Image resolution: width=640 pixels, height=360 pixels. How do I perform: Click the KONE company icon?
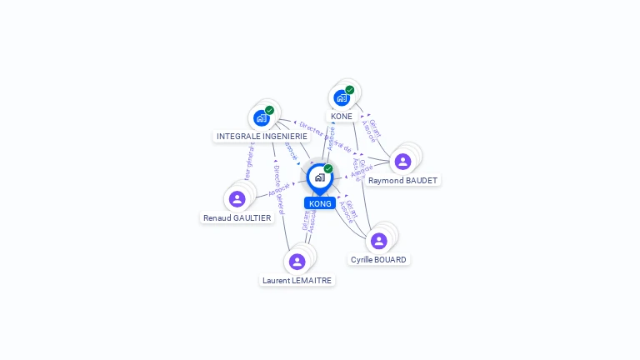pyautogui.click(x=342, y=97)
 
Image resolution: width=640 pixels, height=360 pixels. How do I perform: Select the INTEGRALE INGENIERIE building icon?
pyautogui.click(x=262, y=117)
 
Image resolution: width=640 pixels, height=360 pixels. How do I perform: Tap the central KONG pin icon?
pyautogui.click(x=319, y=177)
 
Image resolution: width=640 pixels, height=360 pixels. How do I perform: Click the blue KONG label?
pyautogui.click(x=320, y=203)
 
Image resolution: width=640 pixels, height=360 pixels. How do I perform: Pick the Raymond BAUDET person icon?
pyautogui.click(x=402, y=162)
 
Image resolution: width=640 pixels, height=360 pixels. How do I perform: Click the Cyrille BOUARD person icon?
pyautogui.click(x=378, y=241)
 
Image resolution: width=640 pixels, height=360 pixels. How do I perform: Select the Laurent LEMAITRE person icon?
pyautogui.click(x=297, y=262)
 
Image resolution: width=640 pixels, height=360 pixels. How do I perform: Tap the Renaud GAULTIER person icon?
pyautogui.click(x=237, y=198)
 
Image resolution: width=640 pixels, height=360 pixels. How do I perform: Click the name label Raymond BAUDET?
pyautogui.click(x=402, y=181)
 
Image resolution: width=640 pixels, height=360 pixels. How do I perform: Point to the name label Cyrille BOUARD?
pyautogui.click(x=378, y=260)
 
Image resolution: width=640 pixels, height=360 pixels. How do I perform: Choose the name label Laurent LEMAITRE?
pyautogui.click(x=297, y=281)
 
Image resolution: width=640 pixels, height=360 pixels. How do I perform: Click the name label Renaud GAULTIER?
pyautogui.click(x=237, y=218)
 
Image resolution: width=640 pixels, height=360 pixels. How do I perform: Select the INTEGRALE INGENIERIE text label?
pyautogui.click(x=262, y=136)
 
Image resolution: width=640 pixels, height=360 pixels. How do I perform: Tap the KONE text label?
pyautogui.click(x=342, y=117)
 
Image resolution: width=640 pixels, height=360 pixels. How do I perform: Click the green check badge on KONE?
pyautogui.click(x=350, y=90)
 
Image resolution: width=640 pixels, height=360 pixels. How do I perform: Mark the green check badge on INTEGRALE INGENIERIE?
pyautogui.click(x=269, y=110)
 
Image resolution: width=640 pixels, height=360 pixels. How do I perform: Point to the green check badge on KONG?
pyautogui.click(x=328, y=169)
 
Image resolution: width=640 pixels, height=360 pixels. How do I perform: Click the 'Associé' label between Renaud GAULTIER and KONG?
pyautogui.click(x=278, y=189)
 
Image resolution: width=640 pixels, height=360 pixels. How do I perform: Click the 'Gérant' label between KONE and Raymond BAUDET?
pyautogui.click(x=375, y=128)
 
